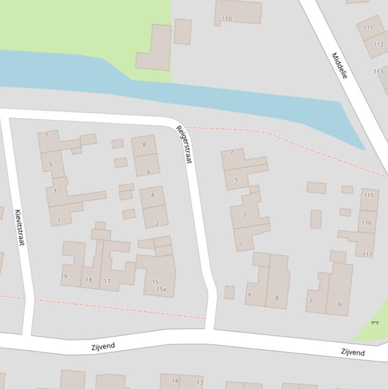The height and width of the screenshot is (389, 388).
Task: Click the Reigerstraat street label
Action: point(184,144)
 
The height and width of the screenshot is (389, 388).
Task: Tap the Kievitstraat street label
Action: point(19,228)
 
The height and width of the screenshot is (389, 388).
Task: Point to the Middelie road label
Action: point(340,65)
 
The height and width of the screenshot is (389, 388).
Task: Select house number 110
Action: point(227,19)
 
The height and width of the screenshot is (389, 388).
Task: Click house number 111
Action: point(368,28)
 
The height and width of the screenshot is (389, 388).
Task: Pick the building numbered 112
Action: point(378,44)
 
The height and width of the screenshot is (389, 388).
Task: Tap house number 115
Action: point(368,196)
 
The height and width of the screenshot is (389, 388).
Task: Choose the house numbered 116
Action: point(366,223)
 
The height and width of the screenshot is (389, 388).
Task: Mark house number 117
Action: point(367,255)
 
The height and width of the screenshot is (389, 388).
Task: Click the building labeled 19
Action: point(64,277)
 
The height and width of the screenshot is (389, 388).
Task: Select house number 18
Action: point(89,280)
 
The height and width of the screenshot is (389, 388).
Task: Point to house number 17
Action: point(107,281)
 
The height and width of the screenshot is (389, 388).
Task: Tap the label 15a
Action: point(161,289)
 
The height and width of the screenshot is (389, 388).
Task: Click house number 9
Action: point(249,295)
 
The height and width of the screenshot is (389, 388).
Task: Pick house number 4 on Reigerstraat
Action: point(152,195)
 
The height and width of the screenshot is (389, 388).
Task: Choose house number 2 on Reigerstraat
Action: point(157,224)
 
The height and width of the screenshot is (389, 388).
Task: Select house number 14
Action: point(175,381)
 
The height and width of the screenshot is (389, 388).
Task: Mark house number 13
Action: point(200,383)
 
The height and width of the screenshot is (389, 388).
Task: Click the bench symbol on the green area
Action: point(375,322)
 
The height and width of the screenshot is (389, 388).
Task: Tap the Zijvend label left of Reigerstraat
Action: point(103,347)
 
